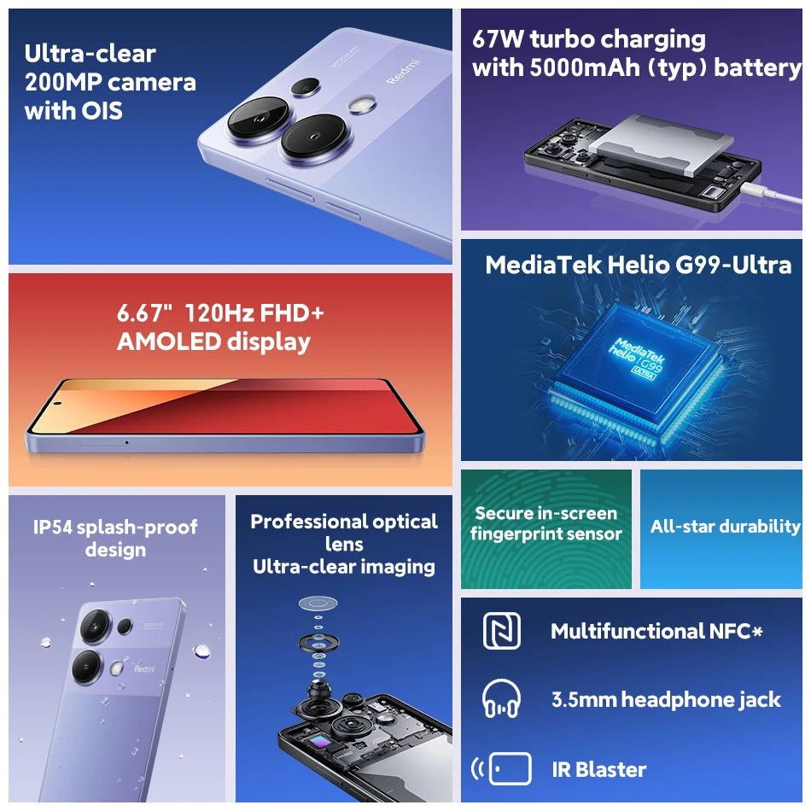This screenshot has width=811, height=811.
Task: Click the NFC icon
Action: [501, 631]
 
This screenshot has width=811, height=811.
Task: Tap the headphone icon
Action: [501, 699]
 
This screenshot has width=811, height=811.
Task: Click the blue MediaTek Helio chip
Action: [637, 357]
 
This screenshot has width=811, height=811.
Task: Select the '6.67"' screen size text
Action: [140, 313]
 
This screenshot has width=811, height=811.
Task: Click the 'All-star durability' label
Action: [725, 526]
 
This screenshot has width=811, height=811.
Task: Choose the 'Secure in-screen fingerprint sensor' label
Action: [546, 523]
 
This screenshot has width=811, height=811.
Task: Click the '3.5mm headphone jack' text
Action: [666, 699]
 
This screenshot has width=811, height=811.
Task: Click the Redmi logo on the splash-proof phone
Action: [144, 668]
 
